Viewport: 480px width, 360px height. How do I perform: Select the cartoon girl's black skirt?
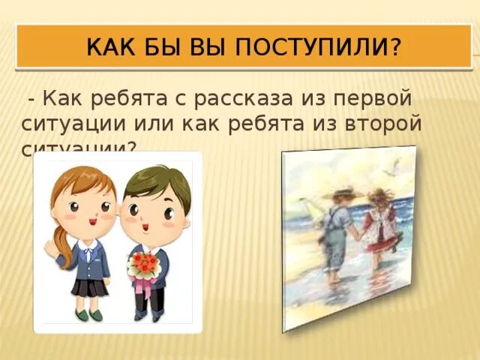(88, 286)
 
